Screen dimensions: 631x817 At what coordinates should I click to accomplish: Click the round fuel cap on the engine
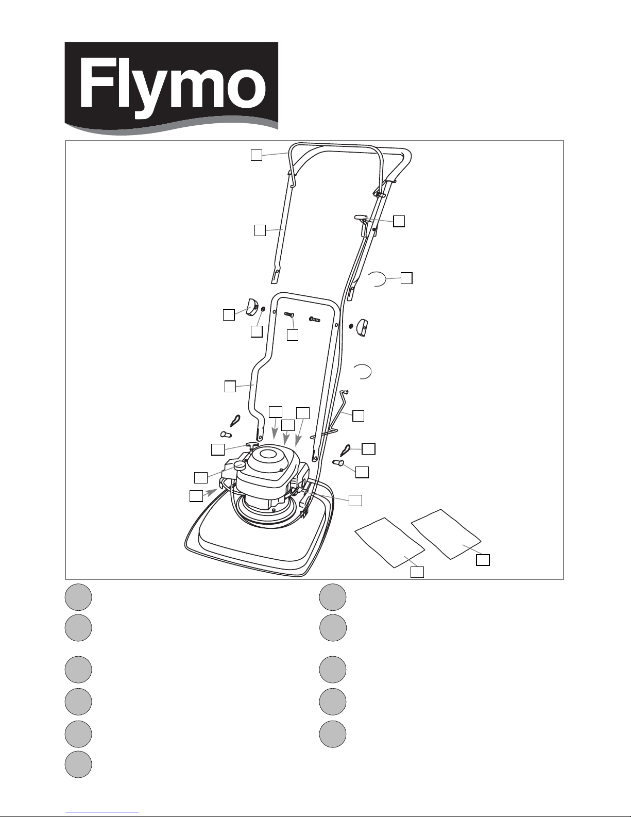click(240, 465)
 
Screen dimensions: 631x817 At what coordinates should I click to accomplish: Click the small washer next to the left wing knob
click(263, 309)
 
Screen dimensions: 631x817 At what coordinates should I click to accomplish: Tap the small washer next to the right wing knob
click(350, 326)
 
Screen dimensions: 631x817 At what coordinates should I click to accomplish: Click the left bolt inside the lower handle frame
click(289, 314)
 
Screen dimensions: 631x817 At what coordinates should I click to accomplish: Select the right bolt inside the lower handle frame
click(315, 319)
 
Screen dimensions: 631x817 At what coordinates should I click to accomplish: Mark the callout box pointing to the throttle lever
click(399, 221)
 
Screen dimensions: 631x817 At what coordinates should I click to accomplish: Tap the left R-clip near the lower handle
click(235, 421)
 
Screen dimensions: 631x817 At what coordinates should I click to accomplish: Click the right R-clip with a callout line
click(346, 449)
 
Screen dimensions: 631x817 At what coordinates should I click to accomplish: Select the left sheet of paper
click(389, 543)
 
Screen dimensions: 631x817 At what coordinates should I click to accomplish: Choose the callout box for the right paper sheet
click(483, 560)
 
